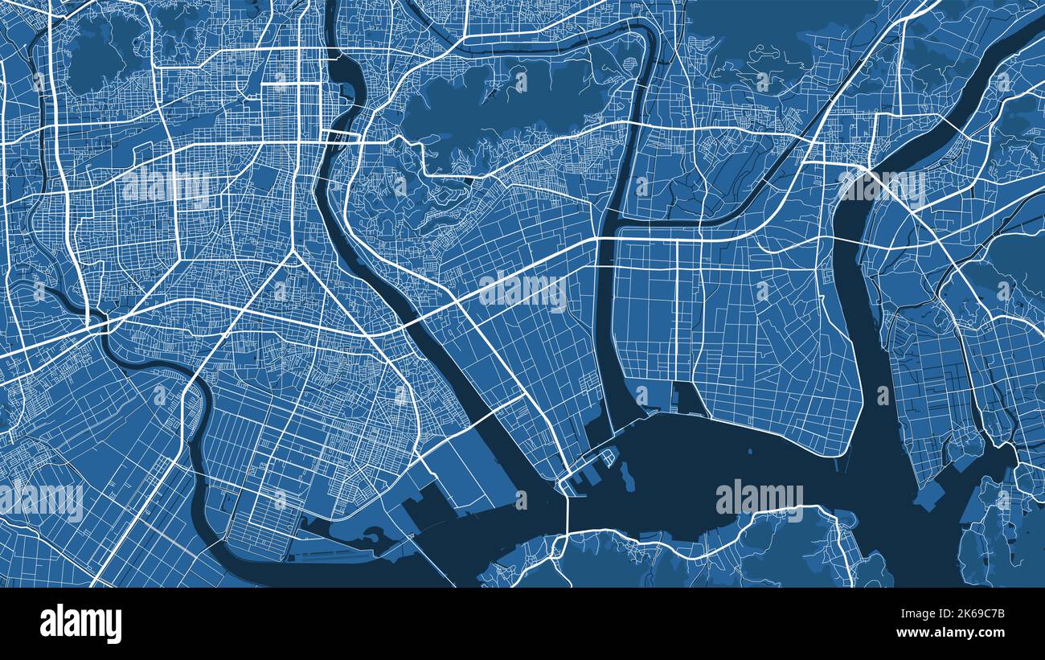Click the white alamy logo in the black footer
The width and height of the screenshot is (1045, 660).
coord(80,624)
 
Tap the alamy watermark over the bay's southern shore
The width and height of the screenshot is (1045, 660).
coord(759,498)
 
